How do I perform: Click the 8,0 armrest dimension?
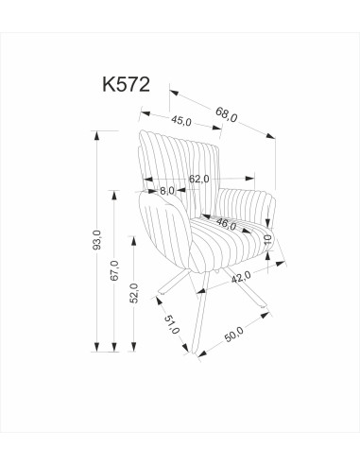[166, 191]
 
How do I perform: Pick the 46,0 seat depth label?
[225, 224]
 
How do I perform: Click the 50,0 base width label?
[233, 337]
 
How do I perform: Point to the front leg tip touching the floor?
[197, 356]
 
